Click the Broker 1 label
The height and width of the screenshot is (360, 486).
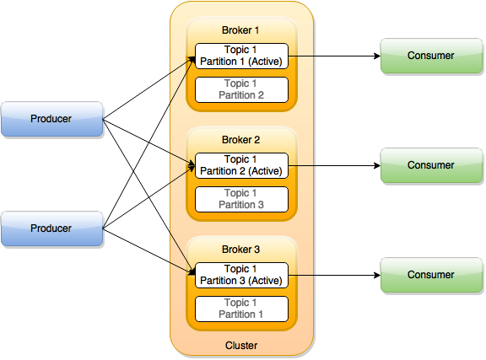tap(241, 30)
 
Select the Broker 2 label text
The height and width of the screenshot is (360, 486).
tap(241, 140)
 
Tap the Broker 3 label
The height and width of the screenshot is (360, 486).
tap(241, 250)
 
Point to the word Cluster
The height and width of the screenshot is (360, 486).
tap(241, 346)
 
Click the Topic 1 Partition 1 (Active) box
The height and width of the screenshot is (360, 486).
tap(241, 56)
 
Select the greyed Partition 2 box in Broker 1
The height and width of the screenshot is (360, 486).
tap(241, 89)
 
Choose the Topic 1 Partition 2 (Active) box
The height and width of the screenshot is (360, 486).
tap(241, 165)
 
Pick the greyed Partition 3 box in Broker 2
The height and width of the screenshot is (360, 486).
tap(241, 199)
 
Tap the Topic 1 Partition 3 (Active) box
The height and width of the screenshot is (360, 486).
tap(241, 275)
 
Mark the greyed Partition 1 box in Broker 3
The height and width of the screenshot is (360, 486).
tap(241, 309)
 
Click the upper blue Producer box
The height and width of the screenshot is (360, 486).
tap(51, 120)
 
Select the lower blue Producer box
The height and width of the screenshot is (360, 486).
tap(51, 229)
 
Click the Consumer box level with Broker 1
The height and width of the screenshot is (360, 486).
tap(430, 56)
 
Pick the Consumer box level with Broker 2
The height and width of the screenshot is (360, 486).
tap(430, 166)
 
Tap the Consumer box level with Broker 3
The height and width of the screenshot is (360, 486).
tap(430, 276)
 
